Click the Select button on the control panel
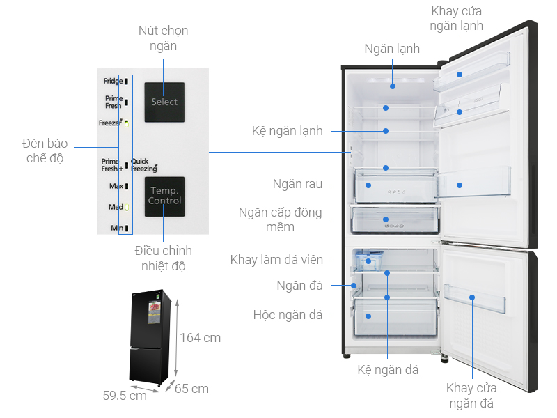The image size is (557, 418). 164,102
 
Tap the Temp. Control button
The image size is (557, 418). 164,196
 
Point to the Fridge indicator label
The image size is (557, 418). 113,82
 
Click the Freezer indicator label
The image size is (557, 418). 111,123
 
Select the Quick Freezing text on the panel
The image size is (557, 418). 143,165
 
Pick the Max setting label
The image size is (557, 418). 116,187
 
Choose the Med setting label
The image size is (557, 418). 116,207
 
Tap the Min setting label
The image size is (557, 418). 116,228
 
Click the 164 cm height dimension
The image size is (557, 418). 201,338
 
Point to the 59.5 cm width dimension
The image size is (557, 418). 125,396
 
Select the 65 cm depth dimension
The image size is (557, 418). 191,389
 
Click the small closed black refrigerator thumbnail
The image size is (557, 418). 148,338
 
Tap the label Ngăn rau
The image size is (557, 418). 297,185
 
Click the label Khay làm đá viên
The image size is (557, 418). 277,260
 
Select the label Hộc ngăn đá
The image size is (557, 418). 288,315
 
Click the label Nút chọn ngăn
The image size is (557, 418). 163,38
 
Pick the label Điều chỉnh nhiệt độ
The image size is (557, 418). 163,258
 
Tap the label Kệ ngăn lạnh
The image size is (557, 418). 288,130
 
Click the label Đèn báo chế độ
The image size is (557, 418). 42,150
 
